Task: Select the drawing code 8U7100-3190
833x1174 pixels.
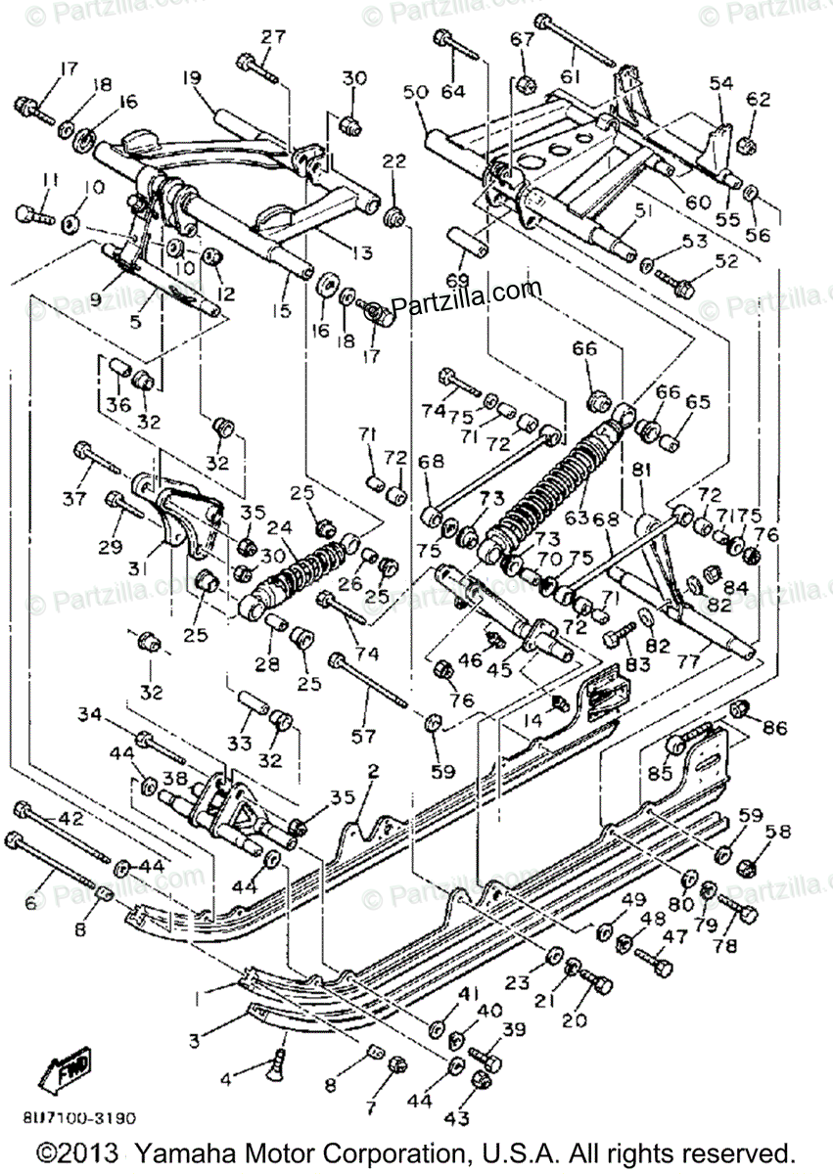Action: [76, 1117]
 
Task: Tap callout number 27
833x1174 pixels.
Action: [272, 37]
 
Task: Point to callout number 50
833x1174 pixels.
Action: [415, 92]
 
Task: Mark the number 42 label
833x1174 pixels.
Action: [71, 819]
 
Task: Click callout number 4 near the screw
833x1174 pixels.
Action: [226, 1081]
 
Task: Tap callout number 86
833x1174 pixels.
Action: [774, 728]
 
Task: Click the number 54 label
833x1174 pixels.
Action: [721, 84]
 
